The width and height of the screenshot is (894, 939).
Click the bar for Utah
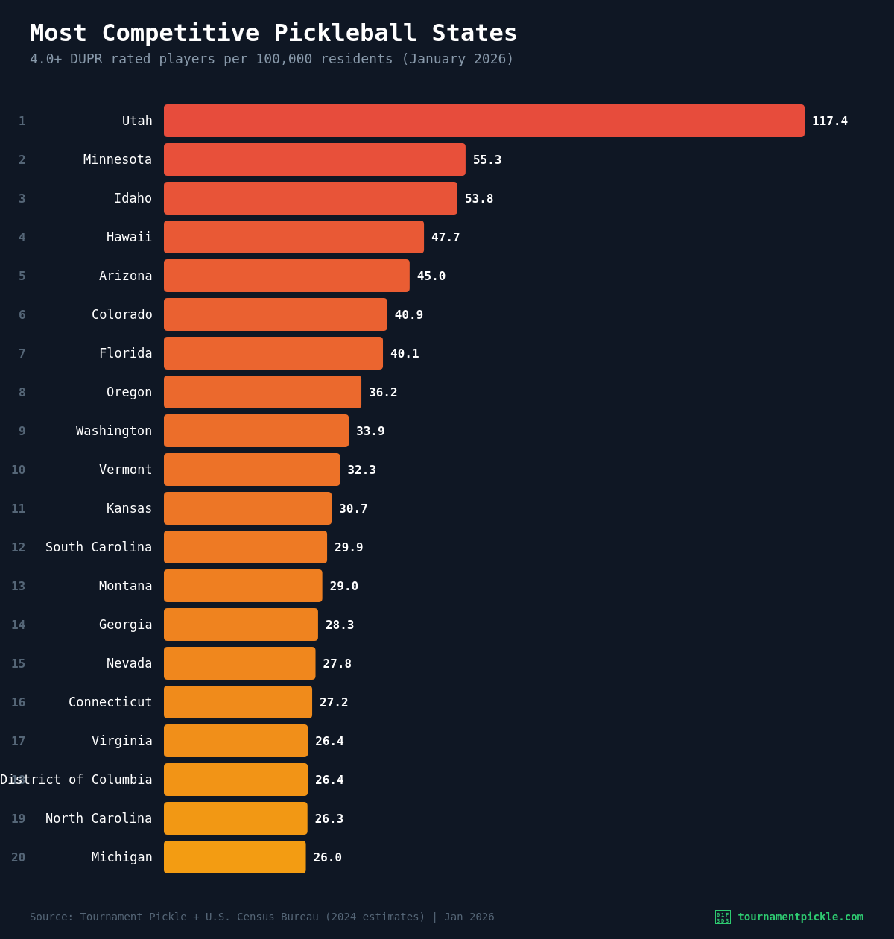click(x=484, y=121)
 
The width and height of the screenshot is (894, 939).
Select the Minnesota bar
click(x=314, y=159)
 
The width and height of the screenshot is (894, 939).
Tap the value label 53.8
click(x=479, y=199)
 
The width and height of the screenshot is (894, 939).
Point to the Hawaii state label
click(x=129, y=237)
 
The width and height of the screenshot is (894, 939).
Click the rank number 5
click(x=22, y=276)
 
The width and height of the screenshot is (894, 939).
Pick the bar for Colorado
click(x=276, y=314)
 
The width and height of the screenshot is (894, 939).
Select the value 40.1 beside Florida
click(x=405, y=354)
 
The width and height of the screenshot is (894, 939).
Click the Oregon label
click(x=129, y=392)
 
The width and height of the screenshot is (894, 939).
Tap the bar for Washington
click(x=256, y=431)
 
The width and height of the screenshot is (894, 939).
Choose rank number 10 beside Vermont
click(x=18, y=470)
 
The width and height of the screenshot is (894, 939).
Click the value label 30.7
click(x=353, y=509)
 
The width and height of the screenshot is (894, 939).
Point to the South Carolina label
click(x=98, y=547)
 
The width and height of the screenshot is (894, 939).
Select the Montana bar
click(x=243, y=586)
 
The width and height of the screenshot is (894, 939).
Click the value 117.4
click(x=829, y=121)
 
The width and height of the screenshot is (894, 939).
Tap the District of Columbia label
click(x=76, y=780)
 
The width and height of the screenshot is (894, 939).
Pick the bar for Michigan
click(x=235, y=857)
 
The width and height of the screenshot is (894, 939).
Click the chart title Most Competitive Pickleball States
click(x=273, y=34)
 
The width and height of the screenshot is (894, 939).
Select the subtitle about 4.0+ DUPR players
click(x=271, y=59)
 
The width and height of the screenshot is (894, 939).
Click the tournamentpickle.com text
click(x=800, y=917)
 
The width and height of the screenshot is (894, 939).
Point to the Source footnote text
click(x=261, y=917)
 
